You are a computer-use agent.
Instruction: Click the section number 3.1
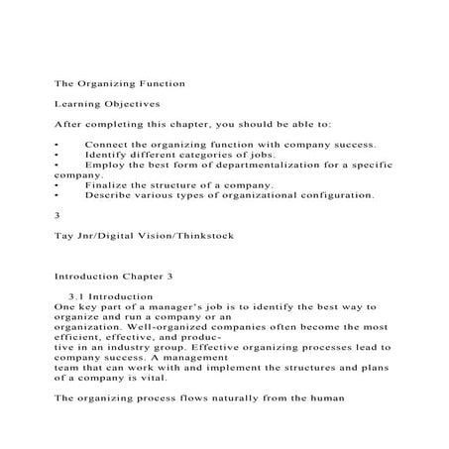point(77,296)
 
